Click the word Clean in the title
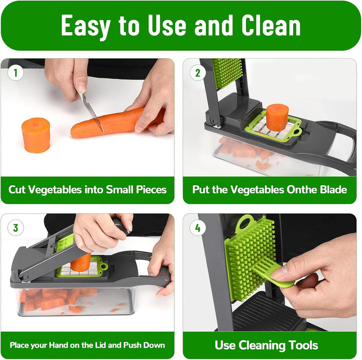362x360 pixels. pos(271,25)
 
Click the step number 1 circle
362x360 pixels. pos(16,73)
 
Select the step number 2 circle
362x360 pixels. pos(198,73)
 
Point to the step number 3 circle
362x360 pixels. pos(16,228)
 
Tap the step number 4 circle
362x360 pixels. pos(198,228)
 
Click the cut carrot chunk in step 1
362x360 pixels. pos(36,135)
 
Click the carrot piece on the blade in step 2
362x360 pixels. pos(277,118)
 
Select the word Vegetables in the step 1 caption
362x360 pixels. pos(55,190)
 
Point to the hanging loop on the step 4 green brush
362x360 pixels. pos(245,222)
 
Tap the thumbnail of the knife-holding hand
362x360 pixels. pos(81,86)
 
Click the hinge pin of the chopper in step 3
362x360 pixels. pos(25,277)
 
